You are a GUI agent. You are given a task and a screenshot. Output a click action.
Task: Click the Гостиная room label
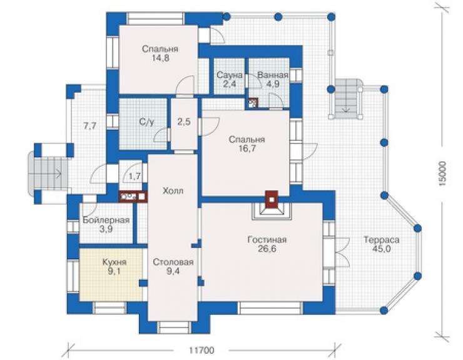267,239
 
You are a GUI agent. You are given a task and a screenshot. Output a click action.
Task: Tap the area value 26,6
267,249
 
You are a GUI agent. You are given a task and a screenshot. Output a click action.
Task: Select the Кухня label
114,262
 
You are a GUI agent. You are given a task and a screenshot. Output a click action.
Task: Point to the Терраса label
382,240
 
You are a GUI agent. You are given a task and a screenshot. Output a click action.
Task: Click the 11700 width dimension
201,351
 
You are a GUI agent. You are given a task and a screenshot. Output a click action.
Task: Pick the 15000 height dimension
442,173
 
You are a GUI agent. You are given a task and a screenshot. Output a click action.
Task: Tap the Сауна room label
230,75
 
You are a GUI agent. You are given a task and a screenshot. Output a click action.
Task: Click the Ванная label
273,75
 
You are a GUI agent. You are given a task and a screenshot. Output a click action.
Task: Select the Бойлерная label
106,220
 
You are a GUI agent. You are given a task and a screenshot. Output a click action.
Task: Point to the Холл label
173,191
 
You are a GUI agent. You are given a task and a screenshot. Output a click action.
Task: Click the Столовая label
173,262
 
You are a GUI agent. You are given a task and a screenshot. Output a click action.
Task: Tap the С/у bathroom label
147,121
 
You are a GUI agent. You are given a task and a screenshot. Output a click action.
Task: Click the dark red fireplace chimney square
272,200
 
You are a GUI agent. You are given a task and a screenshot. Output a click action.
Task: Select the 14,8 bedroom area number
160,58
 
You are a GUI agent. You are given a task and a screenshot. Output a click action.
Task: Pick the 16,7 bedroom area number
247,148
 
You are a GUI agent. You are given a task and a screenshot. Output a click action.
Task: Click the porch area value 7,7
89,126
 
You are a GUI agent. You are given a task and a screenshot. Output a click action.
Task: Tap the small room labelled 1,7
135,177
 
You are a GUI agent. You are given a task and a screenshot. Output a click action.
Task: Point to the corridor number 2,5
184,121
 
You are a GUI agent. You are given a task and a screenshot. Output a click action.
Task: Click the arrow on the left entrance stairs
56,173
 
